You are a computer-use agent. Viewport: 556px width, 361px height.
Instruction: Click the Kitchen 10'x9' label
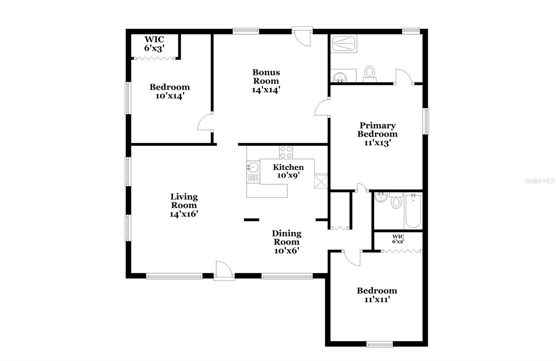[288, 171]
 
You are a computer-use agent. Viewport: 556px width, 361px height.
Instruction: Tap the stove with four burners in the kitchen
[286, 152]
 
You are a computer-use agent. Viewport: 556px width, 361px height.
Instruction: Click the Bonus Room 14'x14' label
[266, 81]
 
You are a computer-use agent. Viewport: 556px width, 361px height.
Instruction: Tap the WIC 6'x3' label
[154, 44]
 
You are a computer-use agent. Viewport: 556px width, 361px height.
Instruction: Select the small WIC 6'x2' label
[398, 239]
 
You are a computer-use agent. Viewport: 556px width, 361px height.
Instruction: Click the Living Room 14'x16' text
[184, 205]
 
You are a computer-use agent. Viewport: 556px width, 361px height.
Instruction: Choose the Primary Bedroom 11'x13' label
[377, 134]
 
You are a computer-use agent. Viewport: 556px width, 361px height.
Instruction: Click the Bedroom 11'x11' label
[377, 295]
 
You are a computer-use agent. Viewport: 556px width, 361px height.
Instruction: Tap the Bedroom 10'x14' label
[170, 91]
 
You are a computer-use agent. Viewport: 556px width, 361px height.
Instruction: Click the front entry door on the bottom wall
[224, 272]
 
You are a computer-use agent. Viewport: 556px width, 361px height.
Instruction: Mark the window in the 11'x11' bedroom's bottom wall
[379, 344]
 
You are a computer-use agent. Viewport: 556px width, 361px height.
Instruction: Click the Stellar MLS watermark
[540, 181]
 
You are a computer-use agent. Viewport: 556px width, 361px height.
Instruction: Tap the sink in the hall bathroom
[381, 198]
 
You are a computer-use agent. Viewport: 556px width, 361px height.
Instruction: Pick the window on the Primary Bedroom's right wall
[426, 121]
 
